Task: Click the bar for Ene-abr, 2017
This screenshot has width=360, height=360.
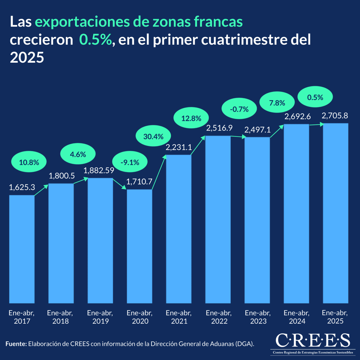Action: coord(22,249)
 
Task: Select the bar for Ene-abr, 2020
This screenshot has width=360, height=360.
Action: coord(139,246)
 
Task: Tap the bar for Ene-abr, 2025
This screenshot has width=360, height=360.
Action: coord(335,213)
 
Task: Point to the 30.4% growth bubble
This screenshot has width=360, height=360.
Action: coord(153,137)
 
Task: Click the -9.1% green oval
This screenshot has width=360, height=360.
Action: coord(130,163)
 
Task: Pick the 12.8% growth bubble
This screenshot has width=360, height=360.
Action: coord(191,118)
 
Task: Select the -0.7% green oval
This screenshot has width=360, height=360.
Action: coord(239,109)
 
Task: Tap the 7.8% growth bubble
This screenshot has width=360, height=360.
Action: coord(277,103)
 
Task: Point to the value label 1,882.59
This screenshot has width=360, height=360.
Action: coord(99,170)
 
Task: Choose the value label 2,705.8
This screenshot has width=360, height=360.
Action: coord(335,115)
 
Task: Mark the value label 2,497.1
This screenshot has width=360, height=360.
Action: coord(257,130)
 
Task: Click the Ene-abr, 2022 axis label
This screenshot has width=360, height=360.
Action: coord(219,317)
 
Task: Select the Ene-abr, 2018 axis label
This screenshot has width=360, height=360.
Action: coord(60,317)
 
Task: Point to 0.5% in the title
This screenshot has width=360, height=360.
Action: coord(95,40)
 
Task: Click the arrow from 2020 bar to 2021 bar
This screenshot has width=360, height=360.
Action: coord(159,172)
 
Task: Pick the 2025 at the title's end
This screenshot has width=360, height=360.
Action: coord(27,57)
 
